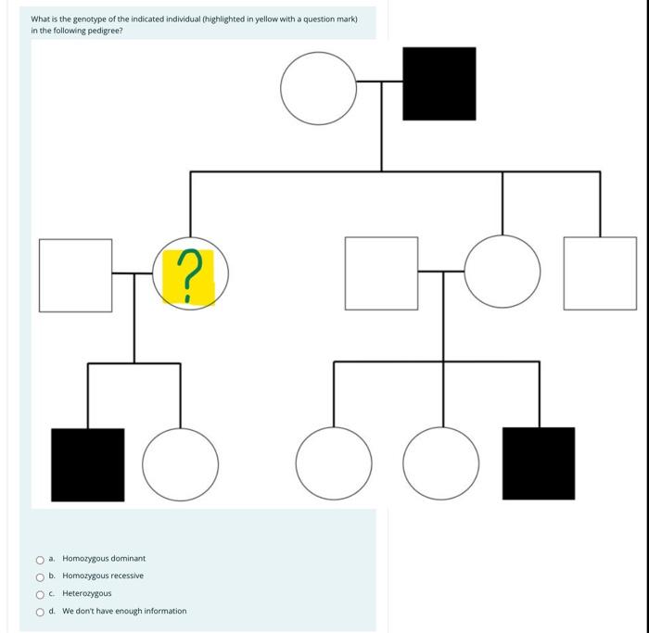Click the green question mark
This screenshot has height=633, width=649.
[188, 276]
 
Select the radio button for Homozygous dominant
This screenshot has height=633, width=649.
[40, 559]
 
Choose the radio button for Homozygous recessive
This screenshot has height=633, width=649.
[40, 576]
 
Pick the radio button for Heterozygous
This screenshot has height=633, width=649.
[40, 594]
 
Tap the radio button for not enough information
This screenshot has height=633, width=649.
[40, 612]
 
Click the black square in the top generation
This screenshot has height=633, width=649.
[439, 84]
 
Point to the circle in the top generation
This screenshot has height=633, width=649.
[318, 88]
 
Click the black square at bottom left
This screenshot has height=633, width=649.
[88, 464]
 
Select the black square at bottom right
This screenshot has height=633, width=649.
[538, 463]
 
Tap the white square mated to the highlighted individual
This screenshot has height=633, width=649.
[75, 274]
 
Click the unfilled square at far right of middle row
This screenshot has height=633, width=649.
[599, 273]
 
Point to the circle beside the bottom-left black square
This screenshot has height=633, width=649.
[182, 464]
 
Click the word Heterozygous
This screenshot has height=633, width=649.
[87, 594]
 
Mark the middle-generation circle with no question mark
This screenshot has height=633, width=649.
[502, 272]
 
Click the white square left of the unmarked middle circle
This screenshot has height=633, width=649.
[381, 273]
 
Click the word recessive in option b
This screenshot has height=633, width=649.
[124, 576]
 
